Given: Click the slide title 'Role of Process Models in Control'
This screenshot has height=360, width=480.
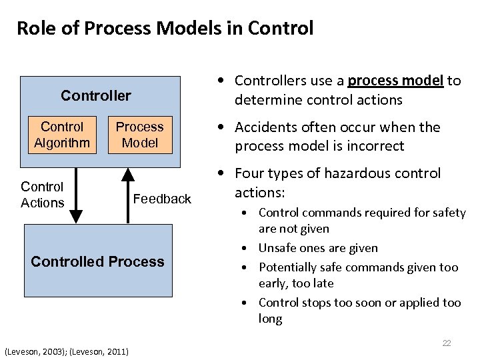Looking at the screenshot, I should tap(165, 28).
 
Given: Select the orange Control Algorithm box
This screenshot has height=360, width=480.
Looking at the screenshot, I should tap(62, 135).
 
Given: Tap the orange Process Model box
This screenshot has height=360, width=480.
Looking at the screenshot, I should tap(139, 135).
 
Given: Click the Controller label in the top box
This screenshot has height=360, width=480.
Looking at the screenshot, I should tap(96, 95).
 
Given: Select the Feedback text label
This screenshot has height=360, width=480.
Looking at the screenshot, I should tap(162, 199).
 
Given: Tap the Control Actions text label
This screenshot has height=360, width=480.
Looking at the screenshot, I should tap(42, 195).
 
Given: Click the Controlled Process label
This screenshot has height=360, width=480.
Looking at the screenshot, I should tap(97, 261).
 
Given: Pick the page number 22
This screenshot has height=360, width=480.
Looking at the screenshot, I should tap(447, 343).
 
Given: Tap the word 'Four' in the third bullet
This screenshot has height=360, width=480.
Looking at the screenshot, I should tap(249, 173).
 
